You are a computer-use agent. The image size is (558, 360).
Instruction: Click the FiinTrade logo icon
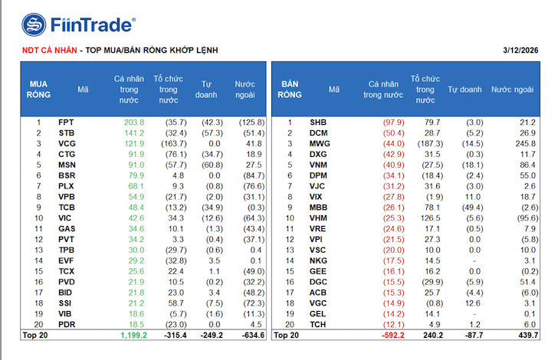34,25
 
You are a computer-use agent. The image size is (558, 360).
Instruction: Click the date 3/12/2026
520,50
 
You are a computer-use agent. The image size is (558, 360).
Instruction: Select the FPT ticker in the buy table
66,122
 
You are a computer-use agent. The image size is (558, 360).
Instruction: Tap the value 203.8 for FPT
133,122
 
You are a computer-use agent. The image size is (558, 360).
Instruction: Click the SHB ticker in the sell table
317,122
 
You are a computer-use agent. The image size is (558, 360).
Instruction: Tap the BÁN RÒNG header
290,90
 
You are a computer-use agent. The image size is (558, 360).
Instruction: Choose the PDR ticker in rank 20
67,325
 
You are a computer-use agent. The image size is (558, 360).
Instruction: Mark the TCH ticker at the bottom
318,325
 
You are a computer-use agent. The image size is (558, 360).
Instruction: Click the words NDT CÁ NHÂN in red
49,50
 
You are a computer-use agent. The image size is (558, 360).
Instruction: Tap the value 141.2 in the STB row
133,133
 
